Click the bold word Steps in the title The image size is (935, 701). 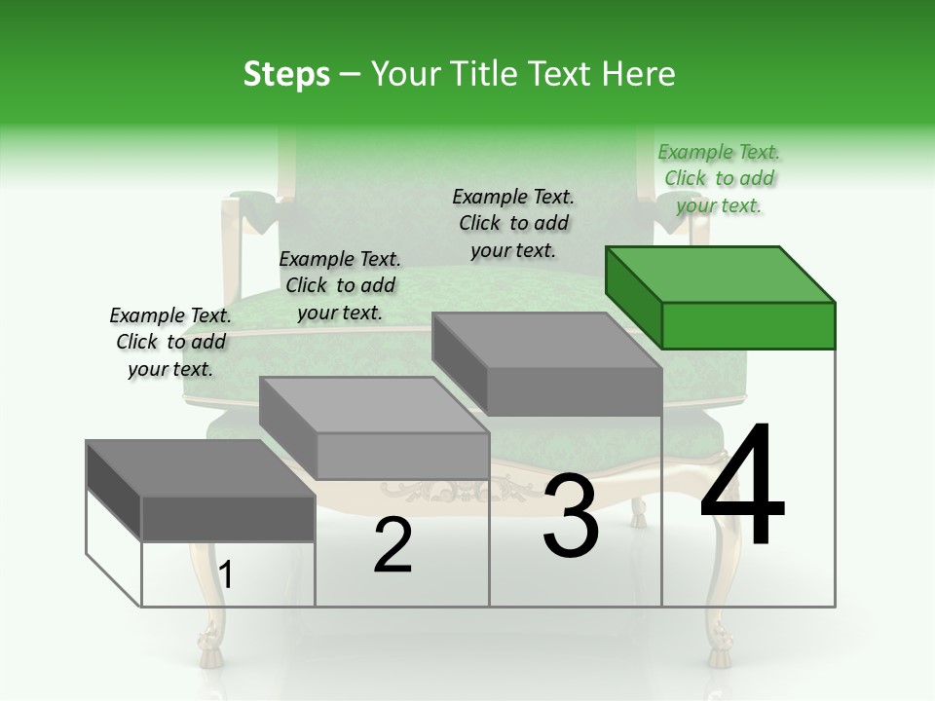pyautogui.click(x=286, y=74)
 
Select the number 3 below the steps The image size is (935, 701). pyautogui.click(x=571, y=516)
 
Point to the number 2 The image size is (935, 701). pyautogui.click(x=393, y=545)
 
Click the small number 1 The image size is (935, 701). pyautogui.click(x=226, y=575)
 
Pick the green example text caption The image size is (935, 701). pyautogui.click(x=719, y=178)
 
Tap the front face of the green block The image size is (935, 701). pyautogui.click(x=748, y=325)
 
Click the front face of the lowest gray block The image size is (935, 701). pyautogui.click(x=228, y=518)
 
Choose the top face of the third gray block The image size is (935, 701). pyautogui.click(x=546, y=341)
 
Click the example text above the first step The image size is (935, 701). pyautogui.click(x=170, y=342)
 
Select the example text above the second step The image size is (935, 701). pyautogui.click(x=340, y=285)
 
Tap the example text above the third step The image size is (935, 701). pyautogui.click(x=513, y=223)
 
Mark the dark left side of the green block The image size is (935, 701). pyautogui.click(x=633, y=296)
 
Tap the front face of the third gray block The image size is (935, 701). pyautogui.click(x=575, y=392)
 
